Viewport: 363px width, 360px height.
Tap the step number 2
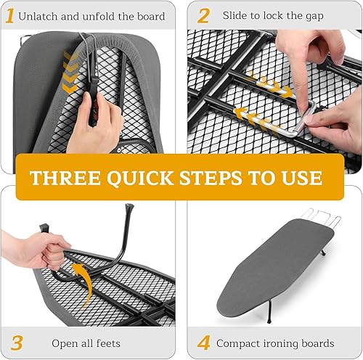204,15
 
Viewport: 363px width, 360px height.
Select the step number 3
15,341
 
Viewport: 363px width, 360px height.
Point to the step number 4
205,342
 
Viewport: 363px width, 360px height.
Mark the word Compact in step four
241,343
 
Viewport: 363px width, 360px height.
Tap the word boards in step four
320,343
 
